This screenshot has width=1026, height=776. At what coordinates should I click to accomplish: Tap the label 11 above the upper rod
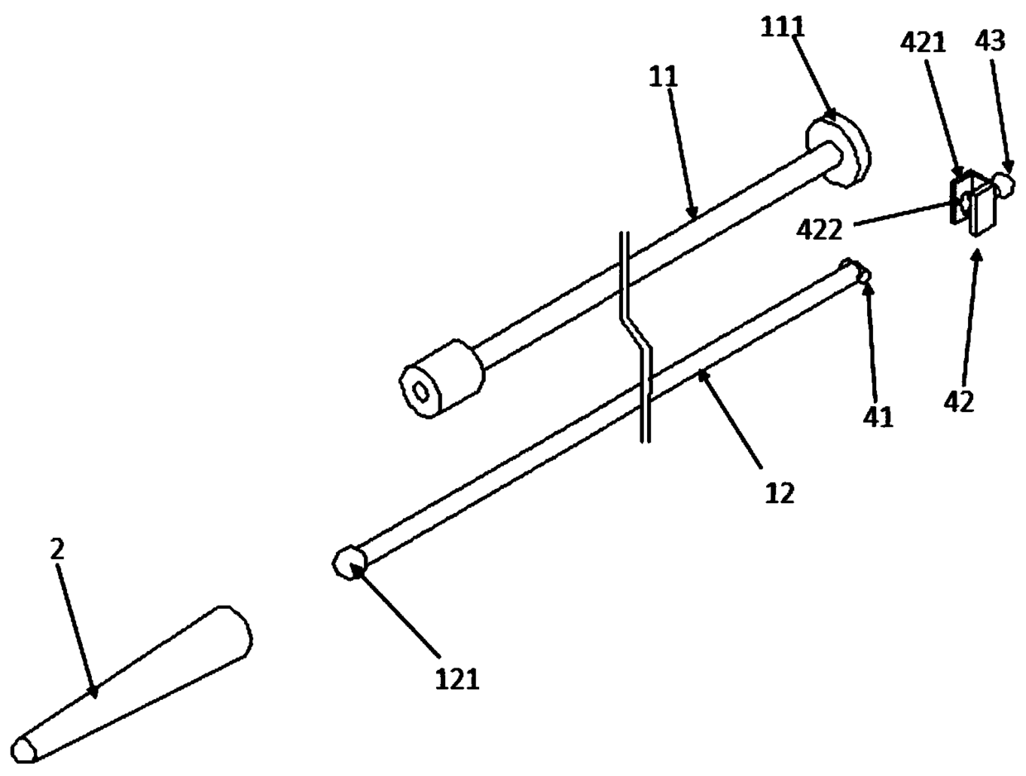coord(664,78)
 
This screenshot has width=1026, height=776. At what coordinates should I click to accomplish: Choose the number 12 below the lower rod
coord(779,493)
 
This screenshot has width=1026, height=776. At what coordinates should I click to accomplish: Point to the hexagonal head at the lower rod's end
coord(348,563)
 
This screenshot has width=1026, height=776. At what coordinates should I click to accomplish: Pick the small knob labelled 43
coord(1004,182)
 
